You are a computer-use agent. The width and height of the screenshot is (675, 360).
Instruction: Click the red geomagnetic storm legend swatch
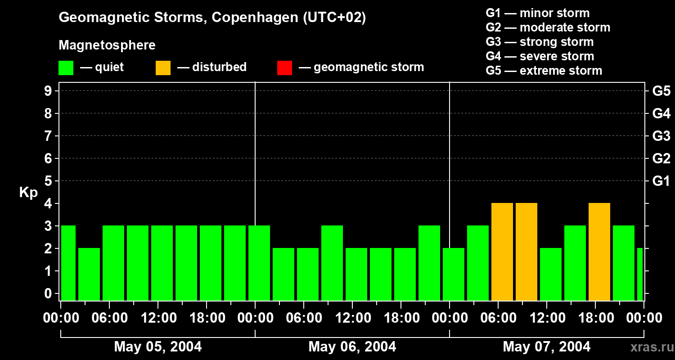284,67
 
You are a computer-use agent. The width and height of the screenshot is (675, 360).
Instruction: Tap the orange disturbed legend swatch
163,67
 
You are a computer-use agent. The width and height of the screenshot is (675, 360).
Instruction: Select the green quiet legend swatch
66,67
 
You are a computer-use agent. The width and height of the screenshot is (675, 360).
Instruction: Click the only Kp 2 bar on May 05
89,274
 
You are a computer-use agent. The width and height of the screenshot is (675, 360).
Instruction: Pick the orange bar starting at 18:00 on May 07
599,252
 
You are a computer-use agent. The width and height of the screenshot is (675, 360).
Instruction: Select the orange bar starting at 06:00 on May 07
502,252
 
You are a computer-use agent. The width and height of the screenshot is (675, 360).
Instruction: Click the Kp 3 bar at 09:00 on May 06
332,263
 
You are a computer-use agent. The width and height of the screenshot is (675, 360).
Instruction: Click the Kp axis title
28,193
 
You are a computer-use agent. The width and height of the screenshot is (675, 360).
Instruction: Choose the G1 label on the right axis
661,181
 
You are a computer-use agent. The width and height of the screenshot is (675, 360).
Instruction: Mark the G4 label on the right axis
661,113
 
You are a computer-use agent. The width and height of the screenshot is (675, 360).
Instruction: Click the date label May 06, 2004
352,347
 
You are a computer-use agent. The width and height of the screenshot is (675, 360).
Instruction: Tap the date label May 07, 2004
546,347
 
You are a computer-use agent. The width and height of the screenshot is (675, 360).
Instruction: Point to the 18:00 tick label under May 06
401,318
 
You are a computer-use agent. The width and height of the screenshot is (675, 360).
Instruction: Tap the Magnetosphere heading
107,45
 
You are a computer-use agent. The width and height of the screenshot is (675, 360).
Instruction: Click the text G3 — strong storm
540,42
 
